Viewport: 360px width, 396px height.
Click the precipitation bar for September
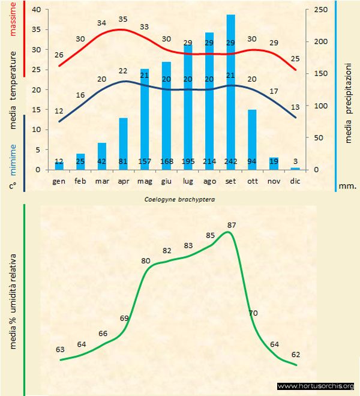click(x=230, y=90)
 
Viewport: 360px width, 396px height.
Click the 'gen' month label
click(x=59, y=180)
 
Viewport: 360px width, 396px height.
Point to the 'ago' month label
click(x=209, y=180)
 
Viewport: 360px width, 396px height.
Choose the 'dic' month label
click(x=295, y=180)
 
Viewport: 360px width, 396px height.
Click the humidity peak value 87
click(x=232, y=225)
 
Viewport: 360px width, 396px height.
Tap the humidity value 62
click(x=295, y=354)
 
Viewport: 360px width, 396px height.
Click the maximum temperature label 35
click(x=124, y=19)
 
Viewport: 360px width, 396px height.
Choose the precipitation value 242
click(x=230, y=161)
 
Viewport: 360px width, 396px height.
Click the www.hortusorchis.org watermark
click(x=316, y=386)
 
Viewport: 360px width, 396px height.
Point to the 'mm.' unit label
click(x=347, y=186)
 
